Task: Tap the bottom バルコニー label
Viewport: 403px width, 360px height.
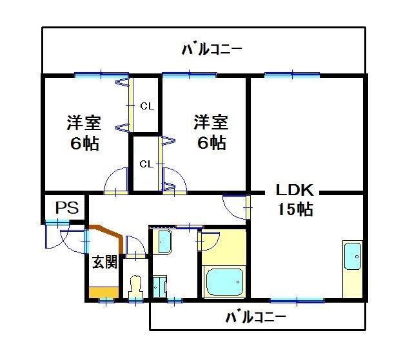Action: pyautogui.click(x=255, y=317)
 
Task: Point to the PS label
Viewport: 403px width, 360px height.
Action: pyautogui.click(x=66, y=209)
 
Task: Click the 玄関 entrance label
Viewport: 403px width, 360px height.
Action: pyautogui.click(x=104, y=262)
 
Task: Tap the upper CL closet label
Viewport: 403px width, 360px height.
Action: pyautogui.click(x=147, y=106)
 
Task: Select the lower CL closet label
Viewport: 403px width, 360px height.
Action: pyautogui.click(x=147, y=164)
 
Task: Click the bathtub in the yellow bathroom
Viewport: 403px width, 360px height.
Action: pyautogui.click(x=224, y=281)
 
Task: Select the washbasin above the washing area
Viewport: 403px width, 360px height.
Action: pyautogui.click(x=164, y=242)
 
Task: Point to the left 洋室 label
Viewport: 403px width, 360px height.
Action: pyautogui.click(x=84, y=122)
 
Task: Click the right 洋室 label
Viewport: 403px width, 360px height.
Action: pyautogui.click(x=211, y=122)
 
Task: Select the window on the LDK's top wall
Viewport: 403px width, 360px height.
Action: pyautogui.click(x=292, y=75)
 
